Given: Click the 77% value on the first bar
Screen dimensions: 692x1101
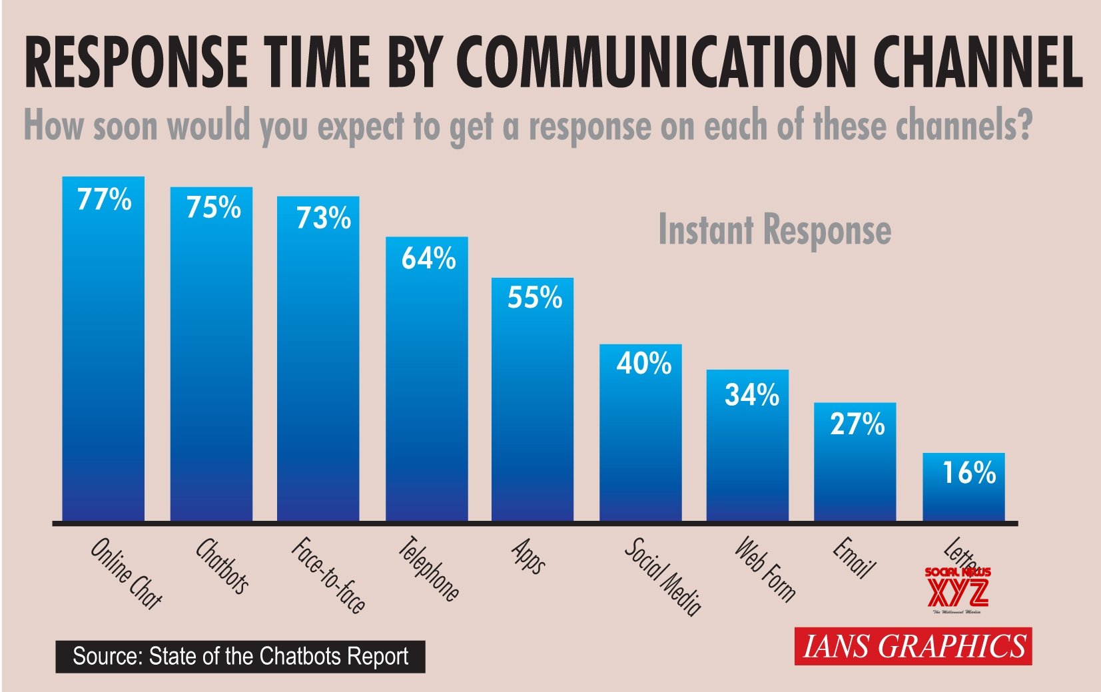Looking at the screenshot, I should pyautogui.click(x=105, y=199).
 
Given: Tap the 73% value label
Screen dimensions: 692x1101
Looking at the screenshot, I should pyautogui.click(x=323, y=218).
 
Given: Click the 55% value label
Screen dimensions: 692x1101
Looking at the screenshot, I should pyautogui.click(x=534, y=297).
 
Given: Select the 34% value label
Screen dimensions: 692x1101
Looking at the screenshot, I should pyautogui.click(x=751, y=395).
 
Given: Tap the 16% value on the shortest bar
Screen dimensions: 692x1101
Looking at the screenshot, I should pyautogui.click(x=968, y=473).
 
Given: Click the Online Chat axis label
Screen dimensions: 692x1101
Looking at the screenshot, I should pyautogui.click(x=126, y=573).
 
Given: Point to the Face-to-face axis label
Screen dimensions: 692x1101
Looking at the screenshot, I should pyautogui.click(x=328, y=575).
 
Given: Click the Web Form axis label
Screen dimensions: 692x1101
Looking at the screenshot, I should pyautogui.click(x=765, y=569).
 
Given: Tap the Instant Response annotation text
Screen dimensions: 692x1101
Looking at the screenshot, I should pyautogui.click(x=774, y=230).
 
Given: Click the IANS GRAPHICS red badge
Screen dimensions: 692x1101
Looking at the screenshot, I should pyautogui.click(x=913, y=646).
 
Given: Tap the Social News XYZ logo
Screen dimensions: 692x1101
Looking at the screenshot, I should pyautogui.click(x=958, y=590).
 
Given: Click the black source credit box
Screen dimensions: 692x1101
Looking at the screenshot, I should pyautogui.click(x=240, y=657).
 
